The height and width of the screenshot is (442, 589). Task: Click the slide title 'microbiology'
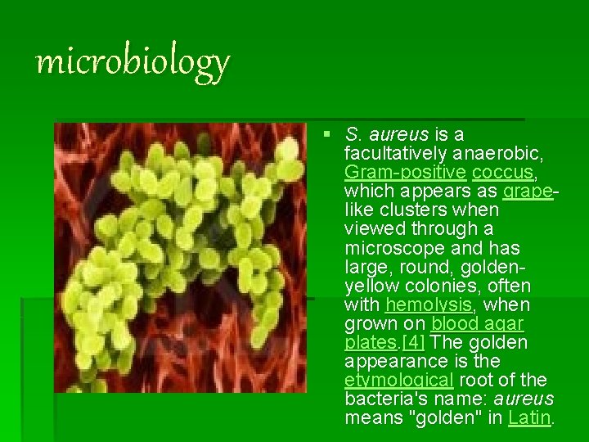click(133, 61)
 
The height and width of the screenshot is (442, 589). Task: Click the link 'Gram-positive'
click(396, 172)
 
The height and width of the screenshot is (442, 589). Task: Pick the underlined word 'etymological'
click(395, 381)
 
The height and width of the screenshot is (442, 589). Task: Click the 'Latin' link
click(529, 418)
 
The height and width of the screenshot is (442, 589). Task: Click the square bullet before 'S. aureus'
click(327, 133)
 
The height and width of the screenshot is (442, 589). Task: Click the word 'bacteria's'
click(383, 399)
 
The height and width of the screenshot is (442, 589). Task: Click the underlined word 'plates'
click(371, 342)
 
